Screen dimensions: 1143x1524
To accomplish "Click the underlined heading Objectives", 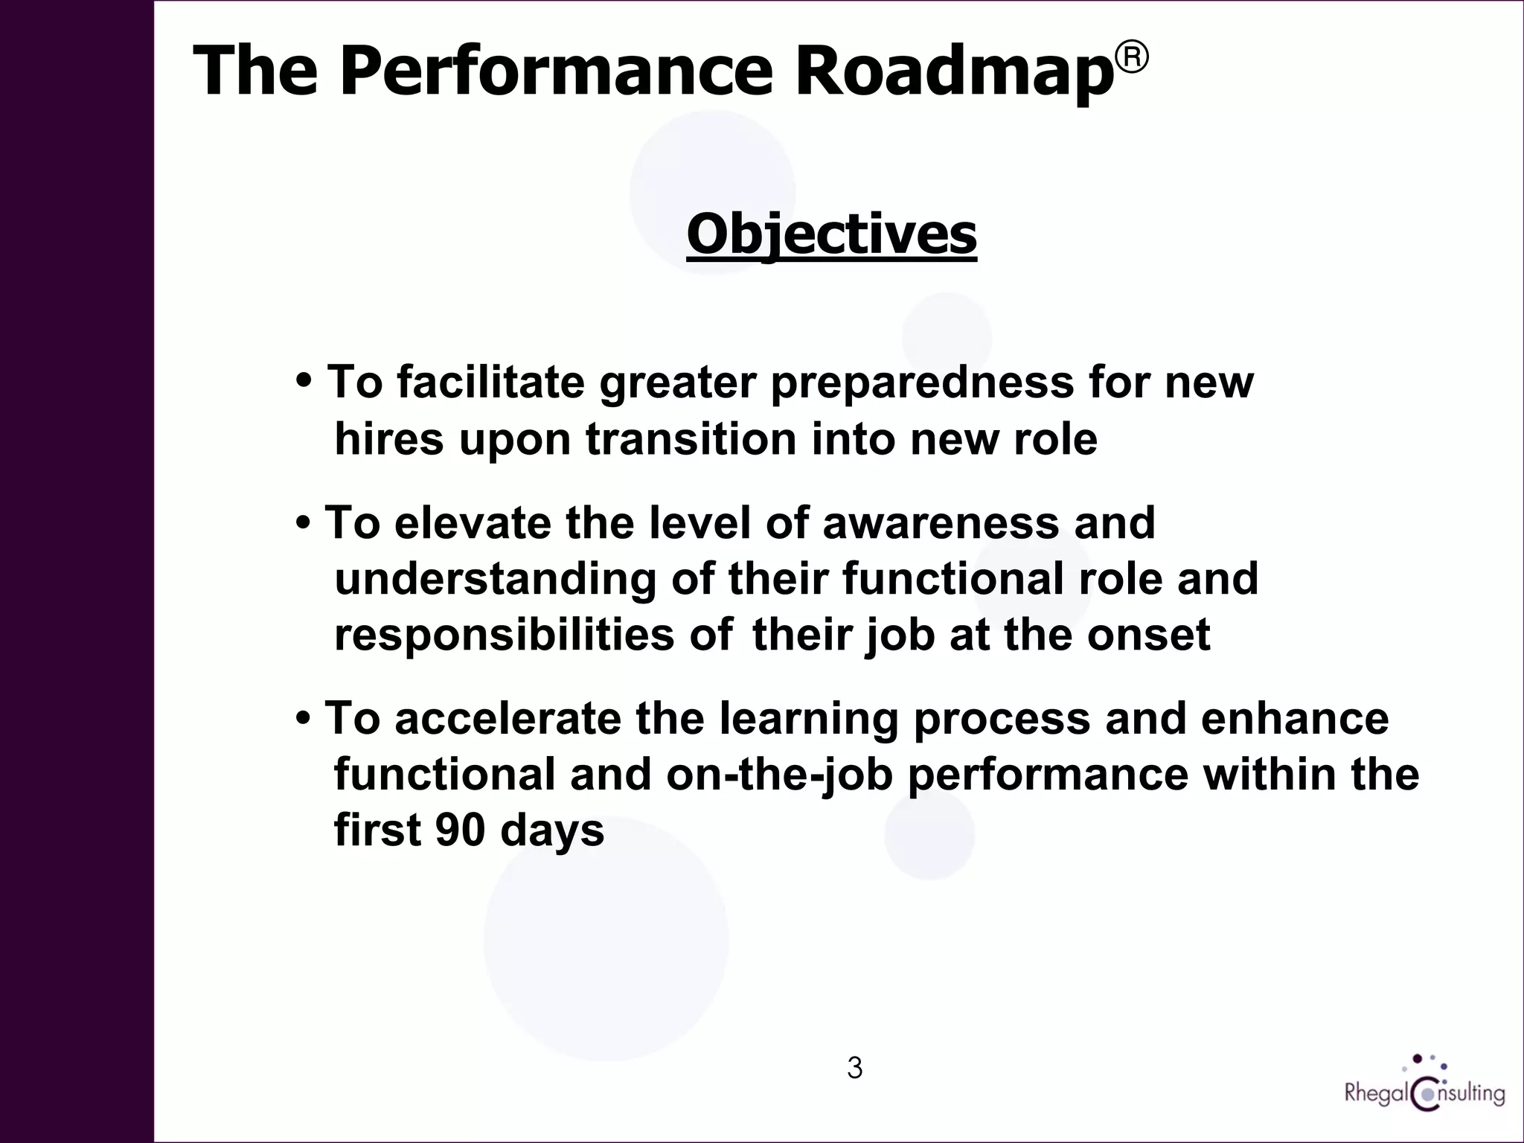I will click(x=831, y=235).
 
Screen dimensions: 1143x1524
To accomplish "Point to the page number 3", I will click(x=854, y=1068).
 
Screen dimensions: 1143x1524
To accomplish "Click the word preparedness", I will click(x=922, y=383).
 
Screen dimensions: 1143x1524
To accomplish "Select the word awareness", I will click(x=940, y=522).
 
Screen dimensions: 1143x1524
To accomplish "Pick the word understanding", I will click(x=495, y=580).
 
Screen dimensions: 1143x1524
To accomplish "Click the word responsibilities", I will click(x=504, y=635).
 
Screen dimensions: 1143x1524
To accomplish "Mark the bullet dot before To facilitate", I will click(x=304, y=382).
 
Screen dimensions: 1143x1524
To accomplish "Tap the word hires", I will click(x=389, y=439).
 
